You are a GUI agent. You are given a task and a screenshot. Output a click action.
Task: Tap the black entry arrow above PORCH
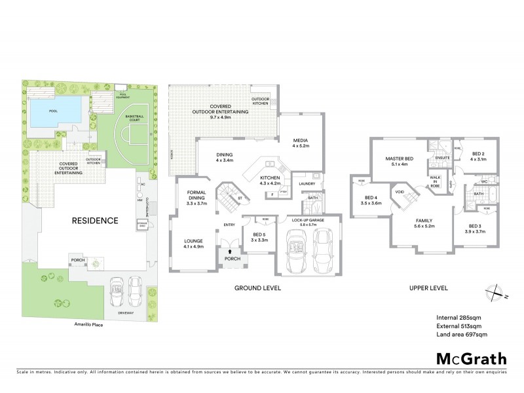click(x=230, y=250)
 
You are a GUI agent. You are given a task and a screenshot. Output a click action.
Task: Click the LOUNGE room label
click(x=195, y=243)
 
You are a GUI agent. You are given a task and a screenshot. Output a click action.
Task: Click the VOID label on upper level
click(x=400, y=193)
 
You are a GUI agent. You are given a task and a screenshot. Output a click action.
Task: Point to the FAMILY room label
click(x=422, y=223)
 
